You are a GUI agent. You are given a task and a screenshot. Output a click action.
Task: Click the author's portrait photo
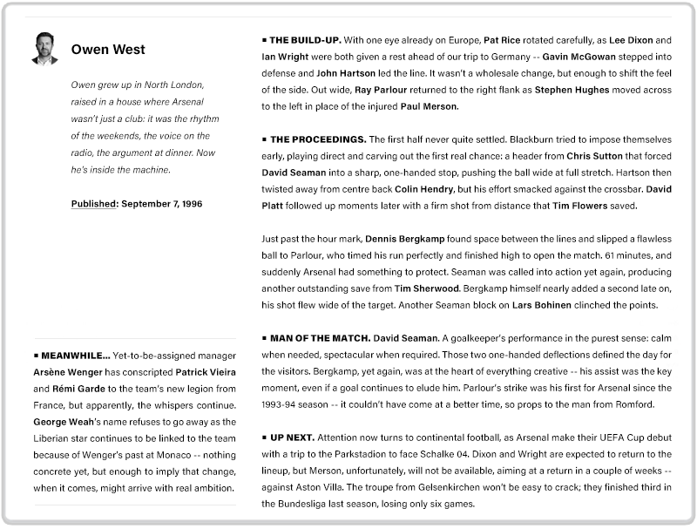pos(44,49)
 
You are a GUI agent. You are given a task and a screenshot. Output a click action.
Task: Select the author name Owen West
pos(108,50)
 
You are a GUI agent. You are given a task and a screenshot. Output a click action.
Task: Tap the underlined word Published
pos(94,204)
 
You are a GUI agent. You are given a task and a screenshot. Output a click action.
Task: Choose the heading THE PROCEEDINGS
pos(318,139)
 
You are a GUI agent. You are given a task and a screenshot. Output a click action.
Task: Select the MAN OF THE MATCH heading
pos(320,337)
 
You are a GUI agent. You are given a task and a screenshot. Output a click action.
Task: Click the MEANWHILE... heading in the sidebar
pos(76,356)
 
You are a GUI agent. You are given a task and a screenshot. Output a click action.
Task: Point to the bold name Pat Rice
pos(503,40)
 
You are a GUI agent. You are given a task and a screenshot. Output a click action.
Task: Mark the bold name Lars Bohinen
pos(542,305)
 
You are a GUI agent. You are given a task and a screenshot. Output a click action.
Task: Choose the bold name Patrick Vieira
pos(206,372)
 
